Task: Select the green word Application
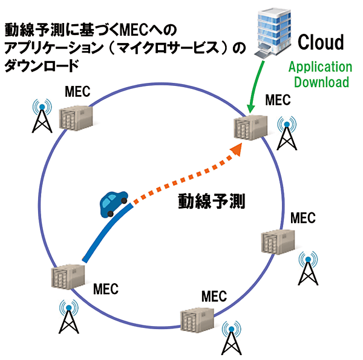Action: (x=319, y=67)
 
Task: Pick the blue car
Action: (x=114, y=203)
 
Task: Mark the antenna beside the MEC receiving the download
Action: (x=286, y=133)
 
